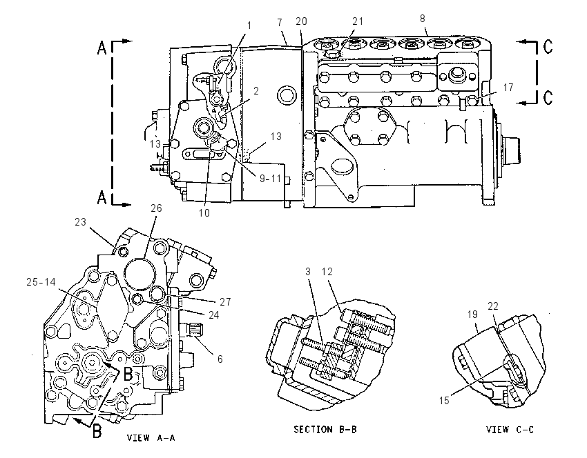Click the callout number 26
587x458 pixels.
(156, 208)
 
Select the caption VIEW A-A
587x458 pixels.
(151, 437)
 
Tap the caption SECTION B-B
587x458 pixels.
(325, 429)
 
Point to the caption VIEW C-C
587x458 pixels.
(510, 430)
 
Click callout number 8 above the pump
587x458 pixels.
(423, 19)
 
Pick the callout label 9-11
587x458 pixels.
(270, 179)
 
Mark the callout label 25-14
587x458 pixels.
(41, 282)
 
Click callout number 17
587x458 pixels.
(508, 88)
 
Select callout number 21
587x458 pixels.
(358, 21)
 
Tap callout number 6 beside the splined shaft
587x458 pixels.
(220, 359)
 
